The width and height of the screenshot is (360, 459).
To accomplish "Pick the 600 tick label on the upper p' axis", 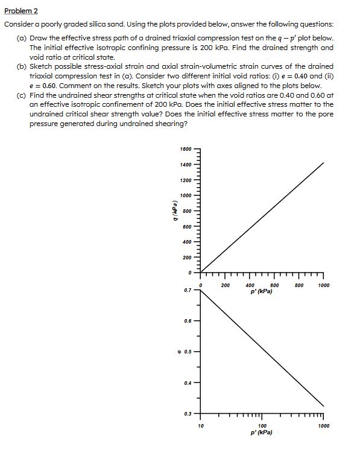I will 274,285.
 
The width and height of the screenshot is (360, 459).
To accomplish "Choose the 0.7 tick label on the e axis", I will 188,290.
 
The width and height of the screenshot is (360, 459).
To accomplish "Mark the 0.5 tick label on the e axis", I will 188,351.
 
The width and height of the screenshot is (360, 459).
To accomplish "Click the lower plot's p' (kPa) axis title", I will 262,432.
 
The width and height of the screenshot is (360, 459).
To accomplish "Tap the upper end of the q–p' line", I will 324,162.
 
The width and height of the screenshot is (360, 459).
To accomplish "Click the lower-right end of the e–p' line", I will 324,406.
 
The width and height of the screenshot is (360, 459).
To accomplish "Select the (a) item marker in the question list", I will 21,38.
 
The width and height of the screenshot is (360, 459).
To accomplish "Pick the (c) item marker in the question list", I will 21,95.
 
